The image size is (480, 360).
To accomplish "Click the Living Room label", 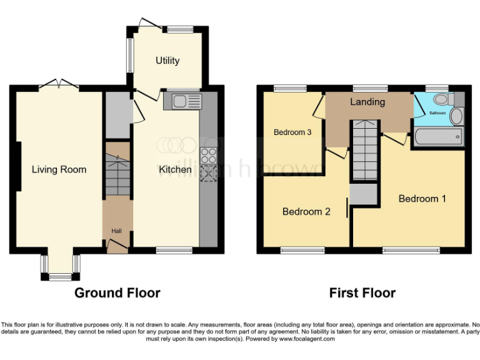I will [x=59, y=169].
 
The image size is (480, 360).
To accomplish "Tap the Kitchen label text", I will [x=175, y=169].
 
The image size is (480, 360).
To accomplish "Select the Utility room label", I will [x=167, y=61].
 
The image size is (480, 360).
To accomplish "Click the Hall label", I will [x=116, y=231].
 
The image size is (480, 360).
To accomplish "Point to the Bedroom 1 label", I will [x=422, y=199].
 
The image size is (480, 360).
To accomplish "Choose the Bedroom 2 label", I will [x=306, y=211].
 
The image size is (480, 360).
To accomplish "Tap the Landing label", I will [x=367, y=102].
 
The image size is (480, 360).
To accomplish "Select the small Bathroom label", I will [x=437, y=113].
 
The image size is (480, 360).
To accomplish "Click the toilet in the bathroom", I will [x=442, y=99].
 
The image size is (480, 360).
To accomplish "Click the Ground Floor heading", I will [x=117, y=292].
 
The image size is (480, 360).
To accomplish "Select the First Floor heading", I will [x=362, y=292].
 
